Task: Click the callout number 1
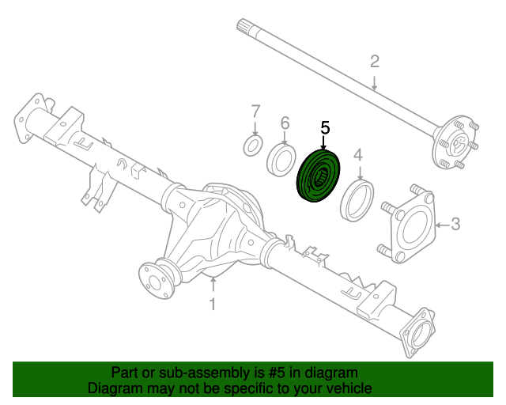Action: click(x=212, y=305)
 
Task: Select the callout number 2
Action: click(x=375, y=62)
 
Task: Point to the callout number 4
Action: click(x=358, y=154)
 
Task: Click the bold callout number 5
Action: click(x=325, y=127)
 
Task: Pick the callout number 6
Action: click(x=285, y=123)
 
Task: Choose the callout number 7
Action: click(x=255, y=109)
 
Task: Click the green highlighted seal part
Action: click(x=319, y=178)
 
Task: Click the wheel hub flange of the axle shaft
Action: click(x=455, y=144)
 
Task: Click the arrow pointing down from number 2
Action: click(x=375, y=80)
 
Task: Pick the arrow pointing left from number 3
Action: click(x=443, y=225)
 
